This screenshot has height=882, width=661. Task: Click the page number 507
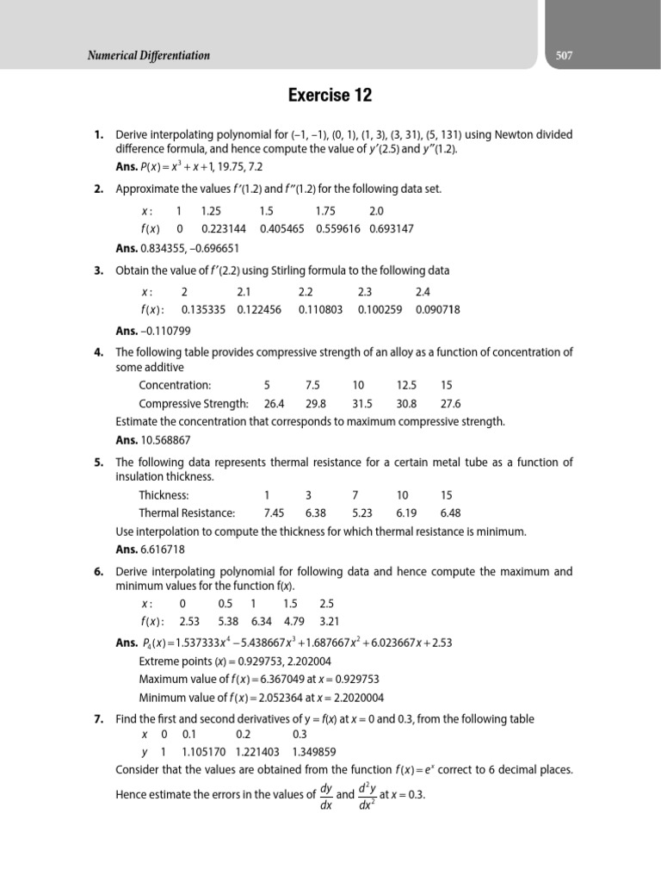click(x=564, y=56)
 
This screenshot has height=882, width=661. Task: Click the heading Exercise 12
click(x=330, y=96)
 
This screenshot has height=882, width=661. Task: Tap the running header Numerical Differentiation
click(x=148, y=56)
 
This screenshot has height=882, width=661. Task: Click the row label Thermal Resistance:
click(x=187, y=513)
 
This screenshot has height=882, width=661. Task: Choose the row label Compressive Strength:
click(x=194, y=404)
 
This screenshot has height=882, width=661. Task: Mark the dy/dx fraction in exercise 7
click(x=326, y=795)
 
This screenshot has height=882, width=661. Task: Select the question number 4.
click(x=99, y=352)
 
